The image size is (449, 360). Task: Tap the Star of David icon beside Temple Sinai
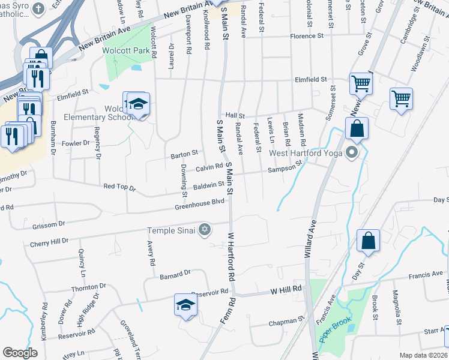(205, 230)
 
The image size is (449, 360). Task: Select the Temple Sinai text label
(172, 230)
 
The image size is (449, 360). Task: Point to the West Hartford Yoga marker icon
(352, 153)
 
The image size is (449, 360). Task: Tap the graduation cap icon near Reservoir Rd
(185, 305)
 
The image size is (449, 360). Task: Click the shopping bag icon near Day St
(368, 241)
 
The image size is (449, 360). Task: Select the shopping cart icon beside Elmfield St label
(361, 84)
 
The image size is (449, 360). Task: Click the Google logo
(20, 353)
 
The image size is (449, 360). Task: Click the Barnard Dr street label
(175, 273)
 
